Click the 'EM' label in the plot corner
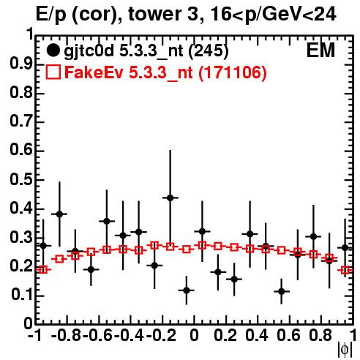point(320,50)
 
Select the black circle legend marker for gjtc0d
point(53,50)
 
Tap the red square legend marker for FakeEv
point(53,72)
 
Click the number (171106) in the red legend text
point(233,72)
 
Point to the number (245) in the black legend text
point(209,51)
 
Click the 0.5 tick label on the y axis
point(21,180)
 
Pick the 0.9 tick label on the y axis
point(21,64)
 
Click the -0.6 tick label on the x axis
point(97,335)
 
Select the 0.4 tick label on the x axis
point(257,335)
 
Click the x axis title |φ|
point(345,350)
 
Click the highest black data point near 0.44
point(170,198)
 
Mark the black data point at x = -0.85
point(59,214)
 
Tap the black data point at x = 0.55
point(282,291)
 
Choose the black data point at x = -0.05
point(187,290)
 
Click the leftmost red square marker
point(43,269)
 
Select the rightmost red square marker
point(345,270)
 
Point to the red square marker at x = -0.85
point(59,259)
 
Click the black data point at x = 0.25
point(234,279)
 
